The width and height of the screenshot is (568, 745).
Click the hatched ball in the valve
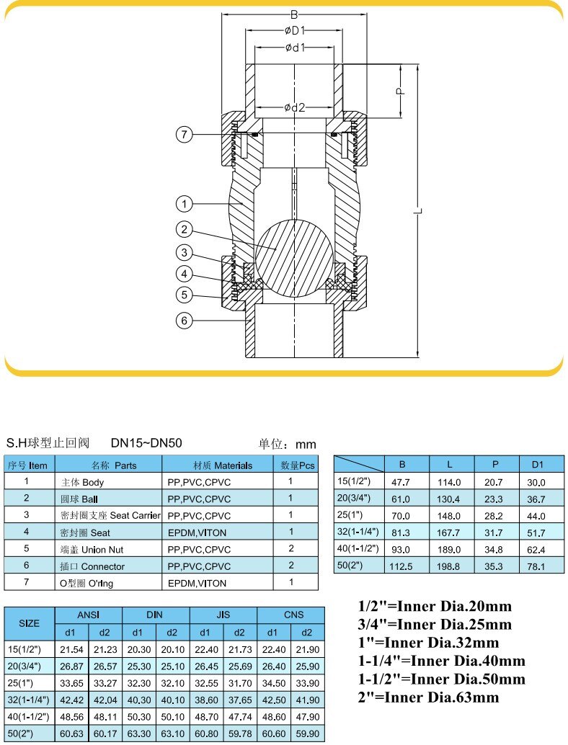click(293, 251)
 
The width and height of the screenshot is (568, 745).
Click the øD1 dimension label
click(294, 31)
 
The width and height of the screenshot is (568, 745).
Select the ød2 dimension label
click(294, 107)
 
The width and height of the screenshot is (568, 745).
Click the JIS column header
click(223, 615)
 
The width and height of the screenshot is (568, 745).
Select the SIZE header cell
click(30, 623)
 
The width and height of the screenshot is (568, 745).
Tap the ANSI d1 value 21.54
click(72, 650)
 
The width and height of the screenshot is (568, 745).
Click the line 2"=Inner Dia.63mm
click(428, 697)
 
